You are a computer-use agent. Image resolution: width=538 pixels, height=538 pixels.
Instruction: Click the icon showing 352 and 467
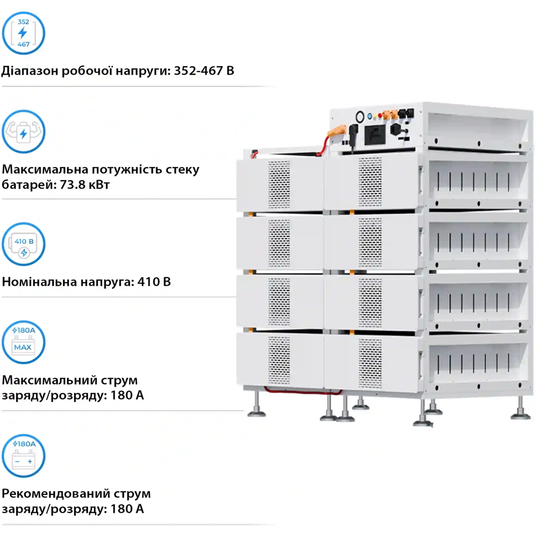[23, 33]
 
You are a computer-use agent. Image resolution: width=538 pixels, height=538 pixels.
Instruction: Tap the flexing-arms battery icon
[23, 131]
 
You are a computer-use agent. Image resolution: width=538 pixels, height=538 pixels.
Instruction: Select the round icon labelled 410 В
[23, 244]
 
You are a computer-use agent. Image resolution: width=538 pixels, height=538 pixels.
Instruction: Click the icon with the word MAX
[23, 342]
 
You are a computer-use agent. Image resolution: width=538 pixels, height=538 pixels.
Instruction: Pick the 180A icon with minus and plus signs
[23, 456]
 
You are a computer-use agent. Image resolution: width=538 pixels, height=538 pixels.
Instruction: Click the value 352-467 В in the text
[204, 71]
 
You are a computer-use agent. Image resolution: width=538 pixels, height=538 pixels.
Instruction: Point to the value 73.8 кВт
[85, 185]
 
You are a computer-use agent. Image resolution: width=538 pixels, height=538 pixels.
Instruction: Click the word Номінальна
[40, 282]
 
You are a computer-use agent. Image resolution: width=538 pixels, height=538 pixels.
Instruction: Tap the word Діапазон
[30, 71]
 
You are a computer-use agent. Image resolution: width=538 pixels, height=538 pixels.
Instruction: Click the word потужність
[127, 169]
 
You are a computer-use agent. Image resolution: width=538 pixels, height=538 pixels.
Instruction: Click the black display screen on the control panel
[375, 135]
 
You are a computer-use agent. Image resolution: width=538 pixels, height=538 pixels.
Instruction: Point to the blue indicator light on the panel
[370, 116]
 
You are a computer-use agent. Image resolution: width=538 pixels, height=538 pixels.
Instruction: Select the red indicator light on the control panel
[380, 115]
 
